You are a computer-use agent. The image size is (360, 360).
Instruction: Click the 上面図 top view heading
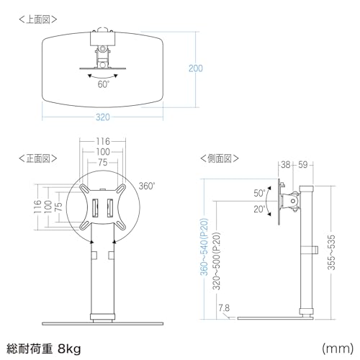click(38, 19)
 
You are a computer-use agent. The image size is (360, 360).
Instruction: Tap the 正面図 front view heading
click(38, 158)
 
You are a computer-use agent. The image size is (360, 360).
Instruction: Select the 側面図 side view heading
click(220, 158)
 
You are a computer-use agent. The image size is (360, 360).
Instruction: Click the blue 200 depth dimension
click(196, 68)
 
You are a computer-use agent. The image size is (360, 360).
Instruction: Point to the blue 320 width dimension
click(103, 117)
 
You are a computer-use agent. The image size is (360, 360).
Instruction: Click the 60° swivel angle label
click(103, 84)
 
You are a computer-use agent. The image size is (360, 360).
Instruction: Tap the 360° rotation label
click(147, 186)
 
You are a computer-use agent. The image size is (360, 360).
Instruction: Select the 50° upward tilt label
click(259, 193)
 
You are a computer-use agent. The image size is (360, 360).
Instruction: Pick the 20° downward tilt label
click(259, 210)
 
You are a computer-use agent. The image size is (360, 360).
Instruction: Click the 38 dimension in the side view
click(286, 165)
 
